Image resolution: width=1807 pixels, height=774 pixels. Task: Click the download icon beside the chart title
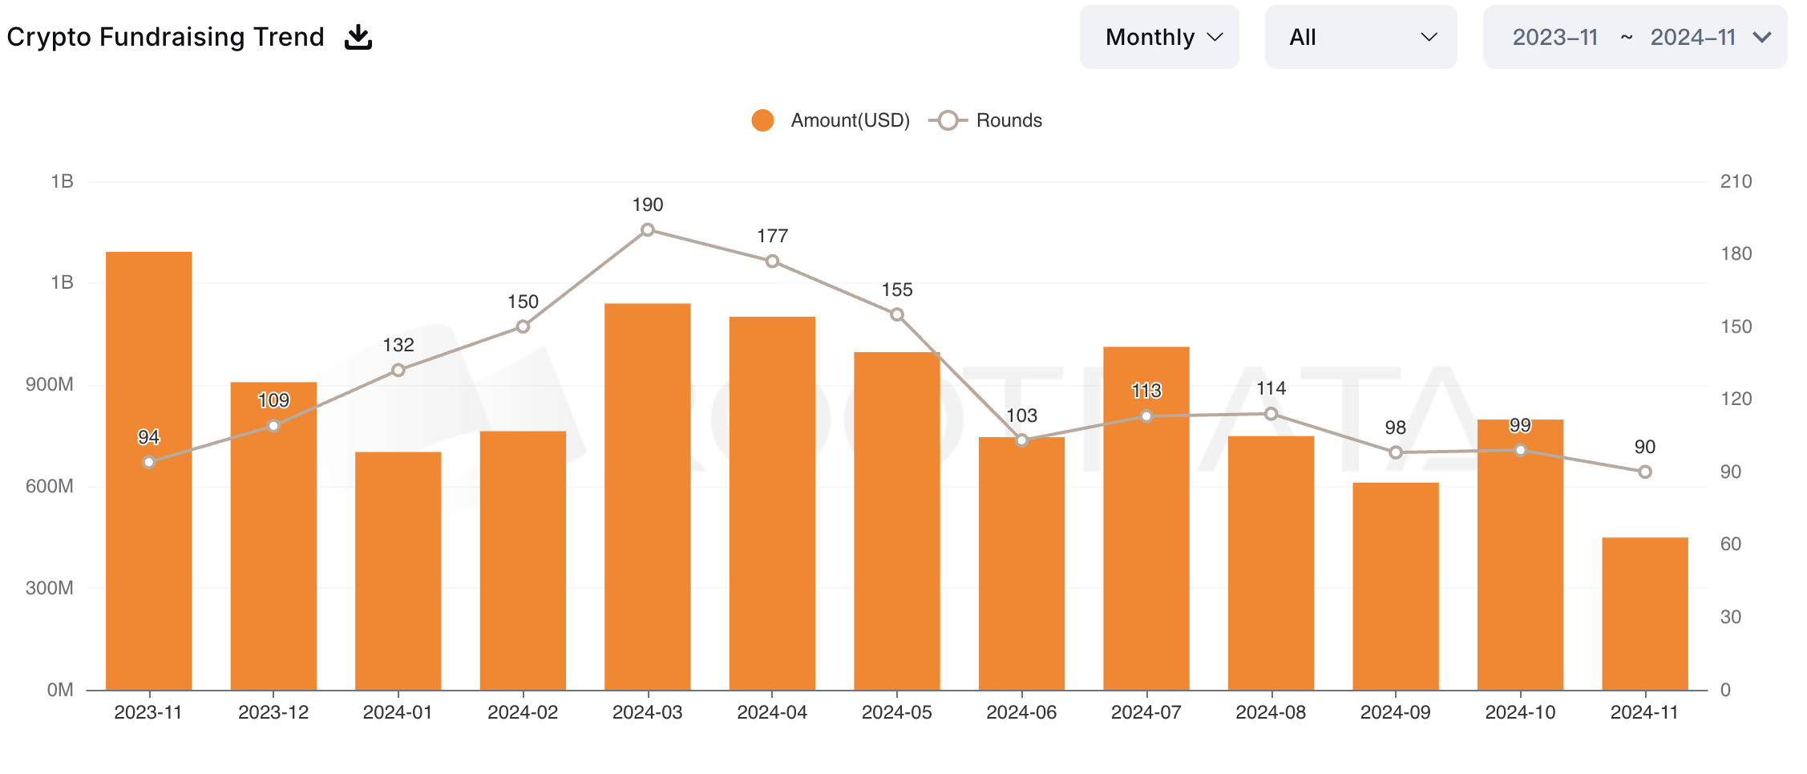[x=358, y=37]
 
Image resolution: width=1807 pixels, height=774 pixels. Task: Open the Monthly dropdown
[x=1158, y=37]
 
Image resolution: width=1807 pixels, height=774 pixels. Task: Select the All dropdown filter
[x=1360, y=37]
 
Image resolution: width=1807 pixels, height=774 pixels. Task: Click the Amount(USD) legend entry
[x=831, y=120]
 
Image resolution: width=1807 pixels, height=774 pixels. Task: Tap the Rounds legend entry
[x=988, y=120]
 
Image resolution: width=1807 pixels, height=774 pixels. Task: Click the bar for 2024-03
[x=648, y=497]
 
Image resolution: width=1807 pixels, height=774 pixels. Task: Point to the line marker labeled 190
[x=648, y=230]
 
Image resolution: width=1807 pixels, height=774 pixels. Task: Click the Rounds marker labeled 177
[x=772, y=261]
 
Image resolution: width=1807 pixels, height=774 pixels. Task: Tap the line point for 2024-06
[x=1021, y=440]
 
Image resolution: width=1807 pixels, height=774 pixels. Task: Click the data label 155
[x=897, y=290]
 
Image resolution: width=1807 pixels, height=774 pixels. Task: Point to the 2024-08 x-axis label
[x=1271, y=712]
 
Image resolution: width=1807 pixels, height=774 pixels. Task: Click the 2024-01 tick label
[x=398, y=712]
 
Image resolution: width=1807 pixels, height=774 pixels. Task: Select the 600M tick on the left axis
[x=50, y=486]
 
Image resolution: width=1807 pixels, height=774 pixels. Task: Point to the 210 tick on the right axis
[x=1736, y=181]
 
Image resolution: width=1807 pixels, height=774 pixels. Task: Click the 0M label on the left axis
[x=60, y=690]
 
